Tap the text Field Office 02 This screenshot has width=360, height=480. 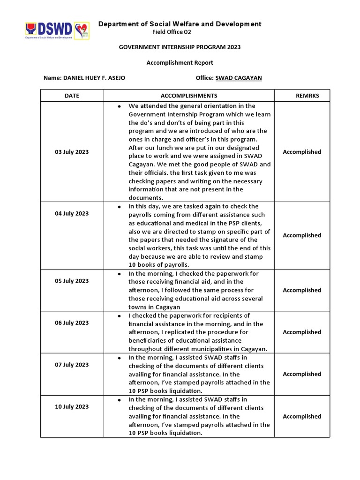point(172,32)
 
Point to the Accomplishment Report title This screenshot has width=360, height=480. point(180,62)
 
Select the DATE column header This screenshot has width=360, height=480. point(72,96)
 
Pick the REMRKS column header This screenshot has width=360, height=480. point(307,96)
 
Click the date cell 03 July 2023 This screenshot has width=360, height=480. point(72,152)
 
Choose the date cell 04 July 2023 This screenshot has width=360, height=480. point(72,213)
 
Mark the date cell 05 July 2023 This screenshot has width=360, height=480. point(72,281)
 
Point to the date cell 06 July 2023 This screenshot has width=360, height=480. point(72,323)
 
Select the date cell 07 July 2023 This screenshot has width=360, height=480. point(72,365)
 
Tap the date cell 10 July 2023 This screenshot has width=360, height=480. point(72,407)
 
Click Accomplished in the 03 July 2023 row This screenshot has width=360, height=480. point(302,152)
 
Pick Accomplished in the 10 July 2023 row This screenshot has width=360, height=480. point(302,416)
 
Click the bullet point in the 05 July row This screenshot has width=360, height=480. point(120,274)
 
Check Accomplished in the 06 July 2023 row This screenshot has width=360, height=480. point(302,332)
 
